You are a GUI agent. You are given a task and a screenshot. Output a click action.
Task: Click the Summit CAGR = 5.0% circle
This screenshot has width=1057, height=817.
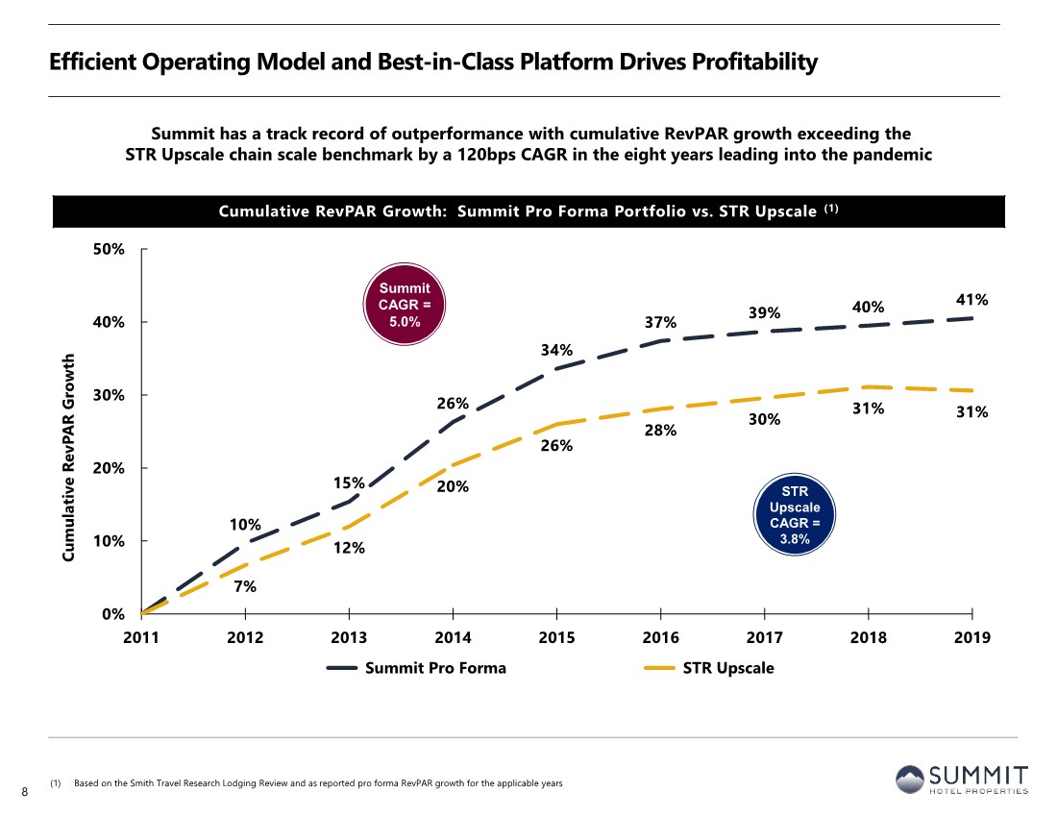coord(405,304)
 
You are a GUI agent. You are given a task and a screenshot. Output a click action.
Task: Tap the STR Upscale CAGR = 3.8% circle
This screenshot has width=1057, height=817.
coord(795,514)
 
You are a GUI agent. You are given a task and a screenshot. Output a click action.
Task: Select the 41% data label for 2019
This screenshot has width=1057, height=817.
coord(972,299)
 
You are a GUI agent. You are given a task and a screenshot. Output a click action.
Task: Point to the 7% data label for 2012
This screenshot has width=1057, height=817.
coord(245,586)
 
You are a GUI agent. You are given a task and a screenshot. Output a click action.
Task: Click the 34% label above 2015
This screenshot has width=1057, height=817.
coord(556,350)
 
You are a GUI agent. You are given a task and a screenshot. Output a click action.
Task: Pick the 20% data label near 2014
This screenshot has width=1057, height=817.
coord(453,486)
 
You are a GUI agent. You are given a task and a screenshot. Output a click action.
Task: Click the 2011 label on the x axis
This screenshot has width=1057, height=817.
coord(141,637)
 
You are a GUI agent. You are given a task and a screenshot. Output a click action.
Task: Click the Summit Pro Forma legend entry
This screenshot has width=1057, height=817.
coord(416,668)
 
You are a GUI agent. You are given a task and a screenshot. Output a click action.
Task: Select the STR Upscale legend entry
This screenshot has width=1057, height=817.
coord(709,668)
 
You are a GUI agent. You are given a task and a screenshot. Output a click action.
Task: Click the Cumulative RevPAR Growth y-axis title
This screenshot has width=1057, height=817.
coord(68,458)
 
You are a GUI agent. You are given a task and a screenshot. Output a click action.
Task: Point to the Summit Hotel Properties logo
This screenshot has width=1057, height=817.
coord(962,780)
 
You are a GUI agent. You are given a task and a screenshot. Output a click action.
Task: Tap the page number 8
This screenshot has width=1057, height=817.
coord(25,792)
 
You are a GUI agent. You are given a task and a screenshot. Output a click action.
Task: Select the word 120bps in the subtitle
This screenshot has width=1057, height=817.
coord(486,155)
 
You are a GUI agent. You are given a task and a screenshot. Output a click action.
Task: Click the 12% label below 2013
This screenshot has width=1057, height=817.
coord(349,548)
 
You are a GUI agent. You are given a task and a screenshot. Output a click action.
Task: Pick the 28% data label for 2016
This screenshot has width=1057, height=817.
coord(660,430)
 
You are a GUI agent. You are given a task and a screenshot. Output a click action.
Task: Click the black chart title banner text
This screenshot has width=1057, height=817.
coord(528,211)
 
